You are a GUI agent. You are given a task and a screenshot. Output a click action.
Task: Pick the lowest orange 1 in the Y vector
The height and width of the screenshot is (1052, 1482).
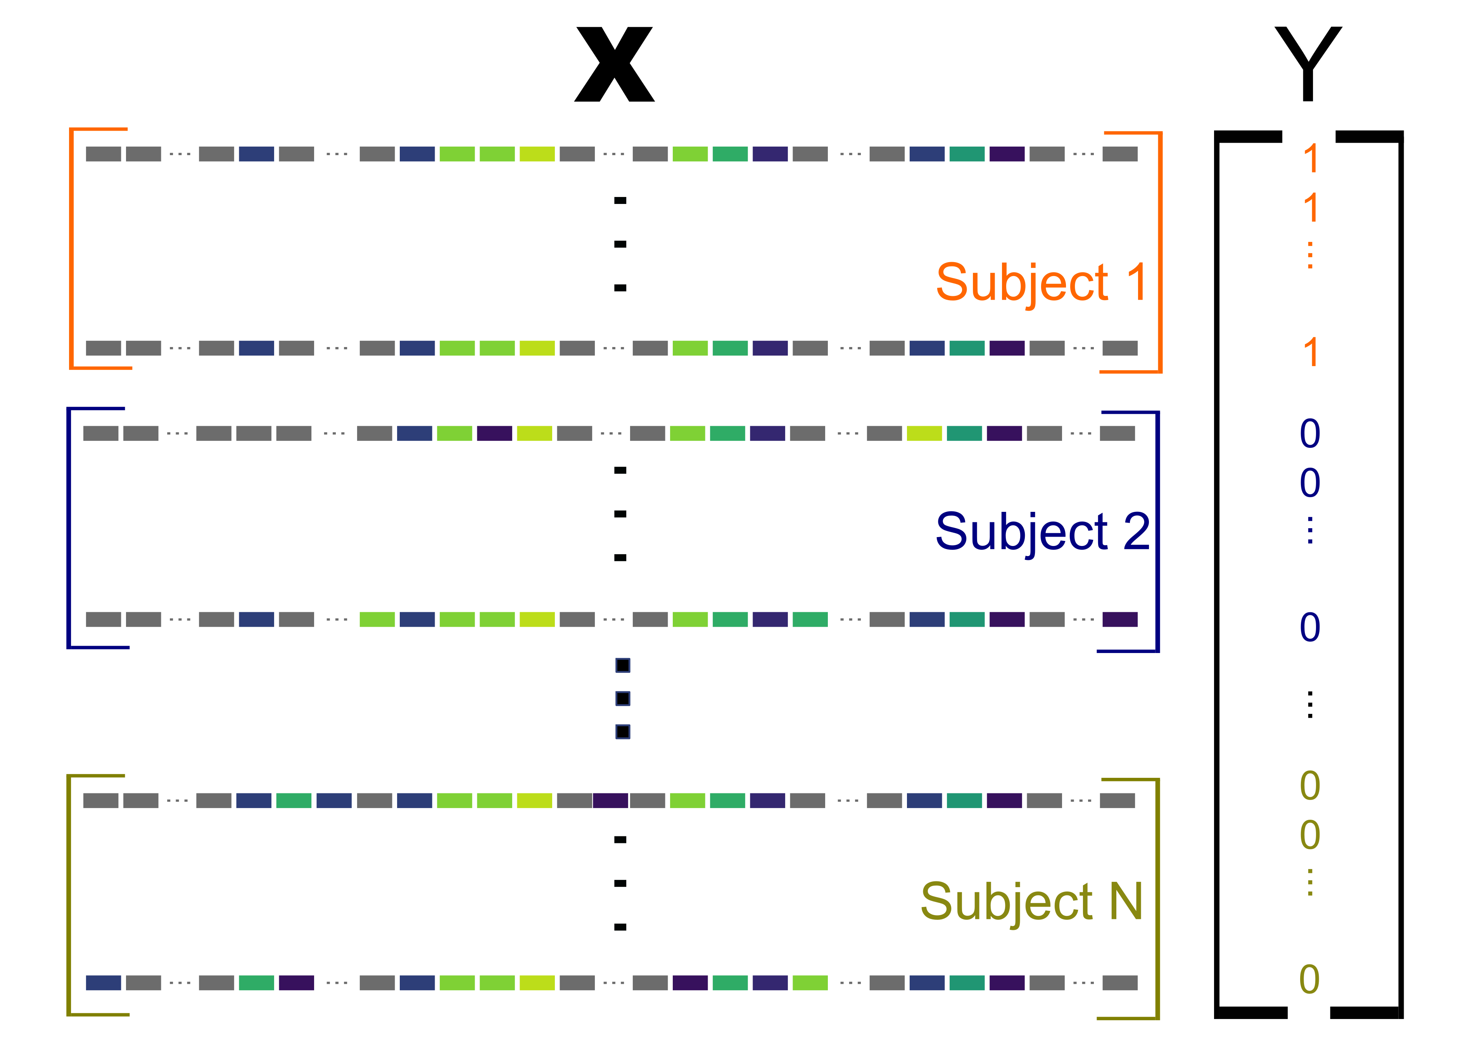(x=1310, y=352)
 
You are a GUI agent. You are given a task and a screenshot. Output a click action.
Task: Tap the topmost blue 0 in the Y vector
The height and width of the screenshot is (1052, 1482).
(x=1310, y=434)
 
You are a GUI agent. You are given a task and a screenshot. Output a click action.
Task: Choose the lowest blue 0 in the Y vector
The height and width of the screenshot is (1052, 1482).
(x=1310, y=627)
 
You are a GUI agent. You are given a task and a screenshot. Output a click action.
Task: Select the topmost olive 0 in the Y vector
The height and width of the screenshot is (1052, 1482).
(x=1310, y=786)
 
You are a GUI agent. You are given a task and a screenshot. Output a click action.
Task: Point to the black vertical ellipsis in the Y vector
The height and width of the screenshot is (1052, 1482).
(x=1310, y=705)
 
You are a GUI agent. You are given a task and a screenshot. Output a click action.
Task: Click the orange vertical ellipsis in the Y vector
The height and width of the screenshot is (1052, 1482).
(x=1310, y=255)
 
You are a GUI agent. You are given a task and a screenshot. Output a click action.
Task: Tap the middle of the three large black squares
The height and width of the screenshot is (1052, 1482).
(x=622, y=698)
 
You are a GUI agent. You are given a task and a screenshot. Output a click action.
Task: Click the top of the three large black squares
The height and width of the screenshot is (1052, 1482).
(x=622, y=665)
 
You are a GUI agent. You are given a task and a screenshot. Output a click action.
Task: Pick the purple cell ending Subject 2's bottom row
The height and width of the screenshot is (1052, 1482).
(x=1120, y=619)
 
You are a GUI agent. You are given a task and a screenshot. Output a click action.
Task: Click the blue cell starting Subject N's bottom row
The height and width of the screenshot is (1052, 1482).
(x=104, y=983)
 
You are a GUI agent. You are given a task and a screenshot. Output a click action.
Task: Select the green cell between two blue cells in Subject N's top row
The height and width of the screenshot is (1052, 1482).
(x=294, y=801)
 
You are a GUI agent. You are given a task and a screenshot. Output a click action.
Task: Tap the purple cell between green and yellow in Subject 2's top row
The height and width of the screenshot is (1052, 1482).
(x=494, y=434)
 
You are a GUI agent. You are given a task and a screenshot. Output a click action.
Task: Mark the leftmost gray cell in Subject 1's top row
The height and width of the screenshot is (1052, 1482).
(x=104, y=154)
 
